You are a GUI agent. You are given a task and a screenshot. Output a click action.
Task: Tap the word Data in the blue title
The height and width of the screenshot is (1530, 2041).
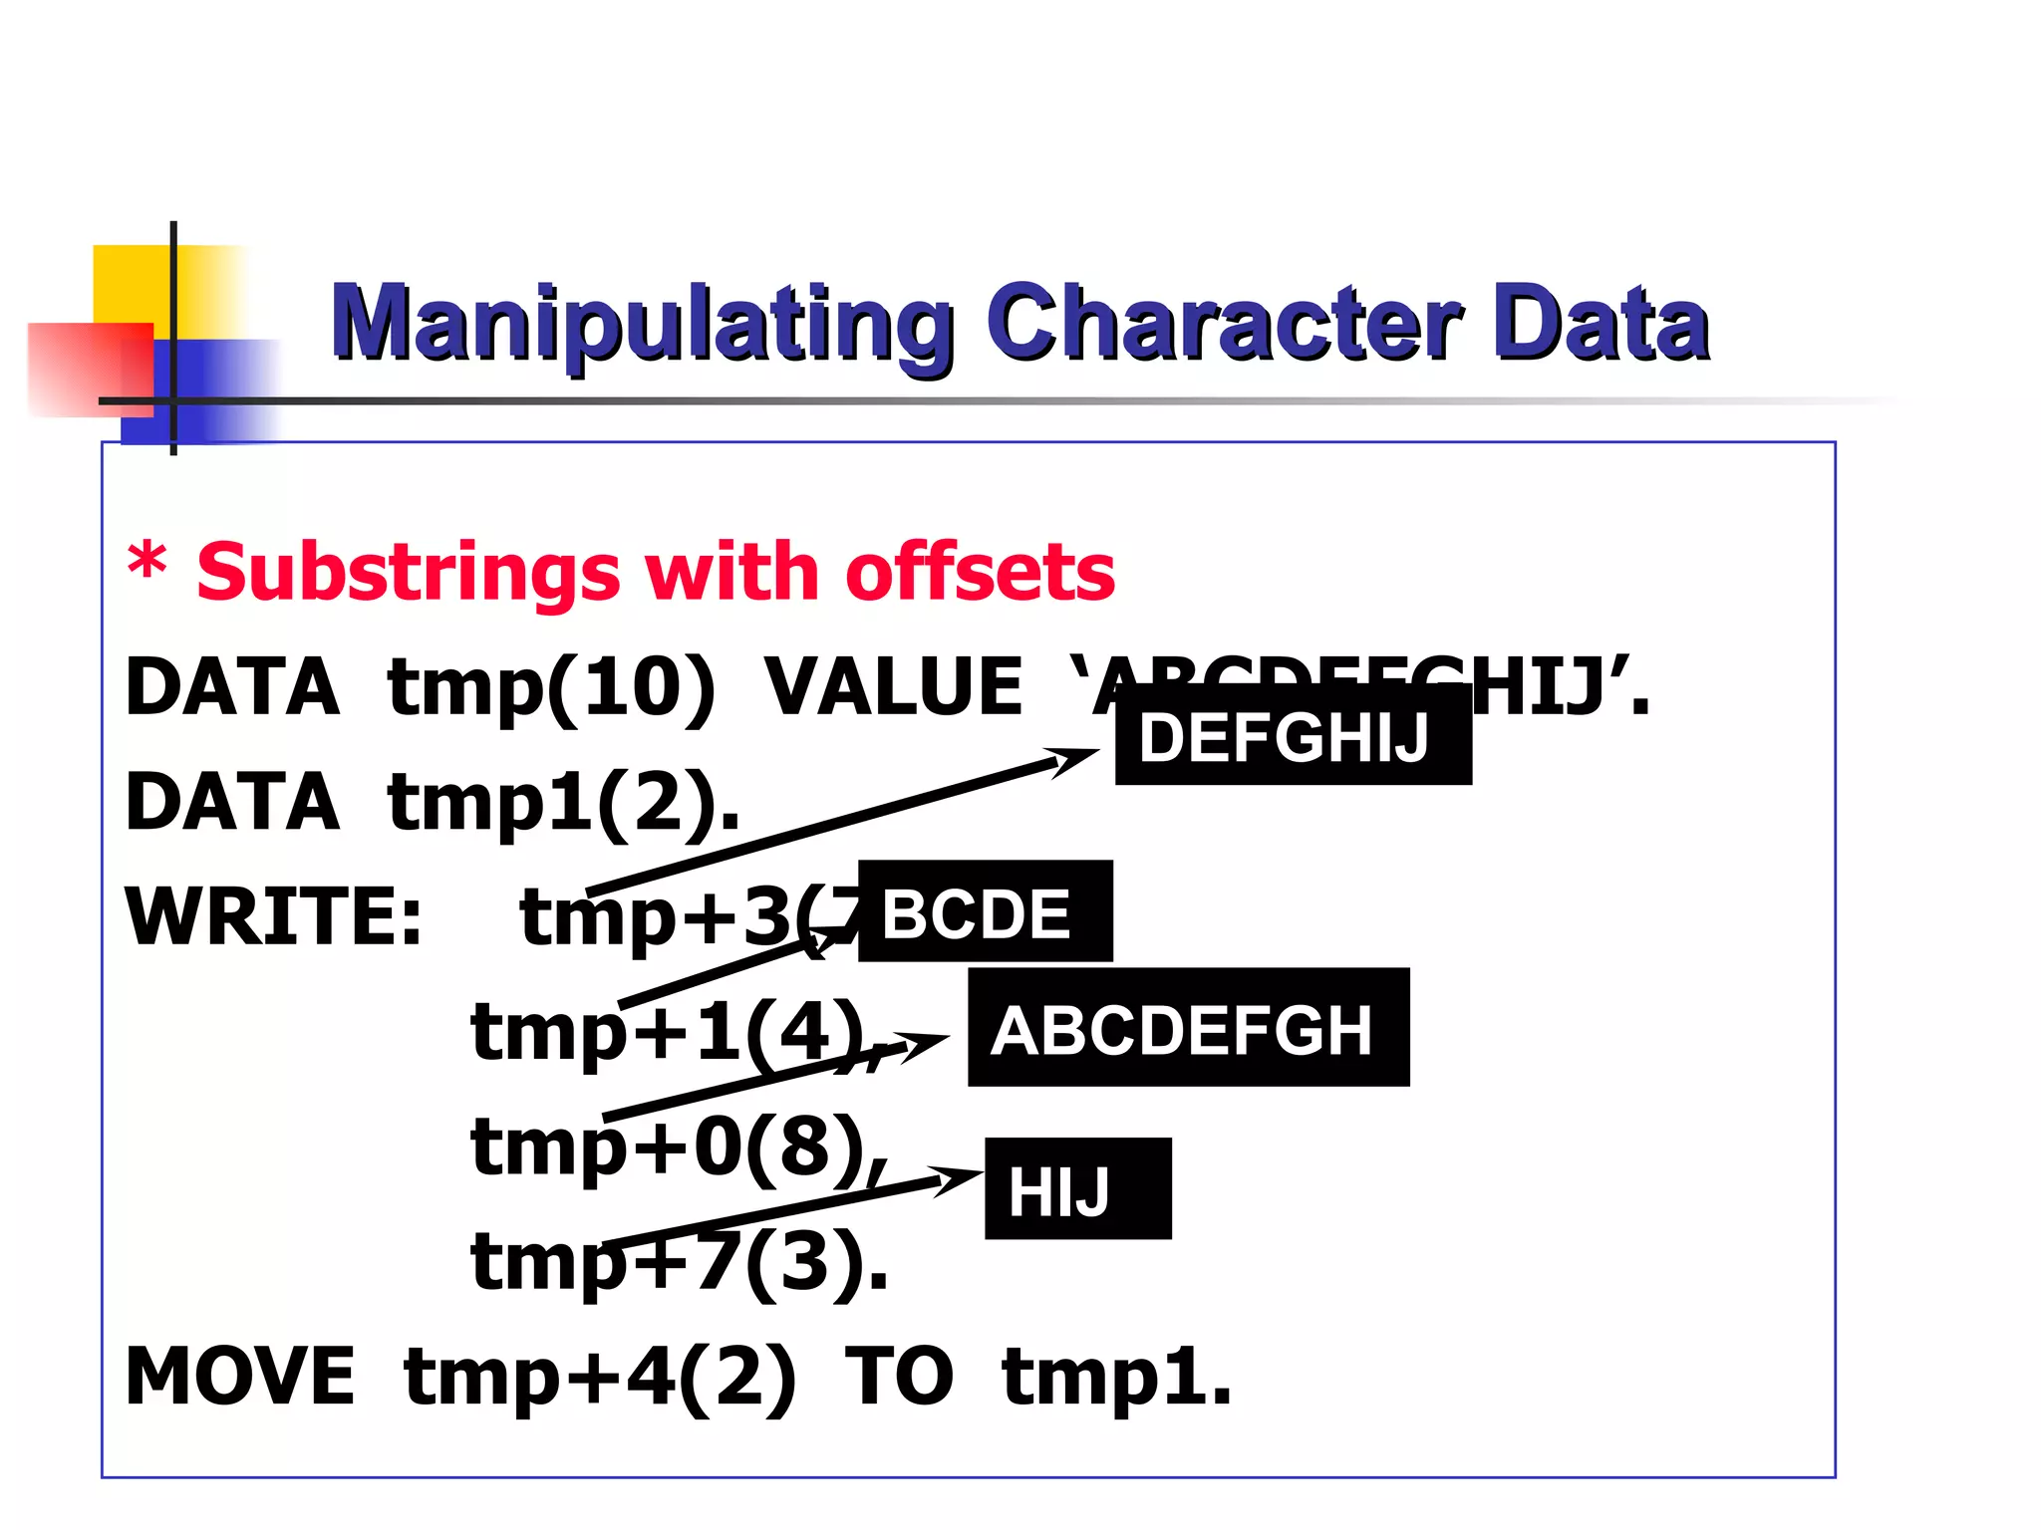pyautogui.click(x=1600, y=324)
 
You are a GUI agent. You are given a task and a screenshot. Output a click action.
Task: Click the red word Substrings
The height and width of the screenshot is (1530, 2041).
pyautogui.click(x=409, y=573)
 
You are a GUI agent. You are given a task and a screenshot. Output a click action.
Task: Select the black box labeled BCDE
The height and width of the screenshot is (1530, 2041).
pyautogui.click(x=985, y=911)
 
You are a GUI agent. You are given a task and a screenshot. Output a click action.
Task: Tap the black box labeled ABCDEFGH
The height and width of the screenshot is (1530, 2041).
pyautogui.click(x=1188, y=1028)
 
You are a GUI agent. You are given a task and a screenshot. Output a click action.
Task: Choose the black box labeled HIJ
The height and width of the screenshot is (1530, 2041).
pyautogui.click(x=1077, y=1189)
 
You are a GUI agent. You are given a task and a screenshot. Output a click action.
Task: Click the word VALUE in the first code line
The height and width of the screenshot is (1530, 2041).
pyautogui.click(x=893, y=687)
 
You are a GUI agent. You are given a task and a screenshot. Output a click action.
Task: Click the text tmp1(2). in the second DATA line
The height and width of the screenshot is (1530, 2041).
pyautogui.click(x=564, y=803)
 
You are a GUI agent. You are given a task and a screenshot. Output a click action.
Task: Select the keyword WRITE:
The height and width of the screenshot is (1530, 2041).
pyautogui.click(x=274, y=916)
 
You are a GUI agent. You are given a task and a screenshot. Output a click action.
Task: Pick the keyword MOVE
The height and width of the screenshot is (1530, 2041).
pyautogui.click(x=240, y=1377)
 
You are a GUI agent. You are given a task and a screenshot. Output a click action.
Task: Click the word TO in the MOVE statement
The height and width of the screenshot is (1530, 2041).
pyautogui.click(x=899, y=1377)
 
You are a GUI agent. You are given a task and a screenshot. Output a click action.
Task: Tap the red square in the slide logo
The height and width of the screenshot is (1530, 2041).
pyautogui.click(x=90, y=369)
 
